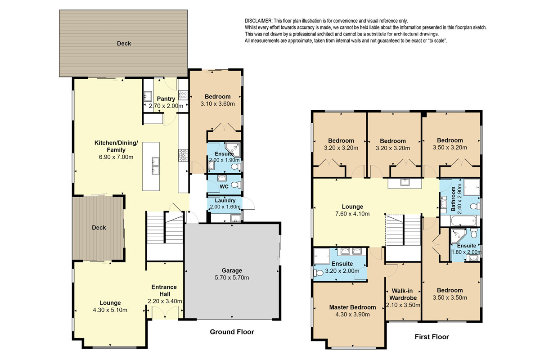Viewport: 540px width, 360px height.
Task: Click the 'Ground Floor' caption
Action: (x=232, y=332)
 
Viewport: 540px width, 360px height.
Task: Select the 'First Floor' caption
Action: (x=431, y=337)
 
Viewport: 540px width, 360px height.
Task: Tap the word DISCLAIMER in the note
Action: (x=258, y=21)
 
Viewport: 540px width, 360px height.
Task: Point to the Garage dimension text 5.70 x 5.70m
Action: (x=232, y=278)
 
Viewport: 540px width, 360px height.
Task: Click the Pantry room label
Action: (x=166, y=99)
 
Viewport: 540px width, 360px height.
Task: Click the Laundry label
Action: (x=225, y=200)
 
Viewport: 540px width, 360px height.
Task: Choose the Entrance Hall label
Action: (x=164, y=291)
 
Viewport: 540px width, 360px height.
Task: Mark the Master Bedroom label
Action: (x=352, y=307)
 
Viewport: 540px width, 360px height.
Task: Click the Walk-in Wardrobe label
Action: (x=403, y=294)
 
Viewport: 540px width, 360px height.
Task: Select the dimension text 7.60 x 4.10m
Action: (x=352, y=214)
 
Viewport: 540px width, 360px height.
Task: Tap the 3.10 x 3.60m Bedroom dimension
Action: (x=217, y=104)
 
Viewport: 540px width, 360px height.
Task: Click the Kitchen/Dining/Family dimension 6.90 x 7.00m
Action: (x=109, y=157)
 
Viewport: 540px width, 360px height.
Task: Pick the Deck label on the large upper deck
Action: (x=124, y=44)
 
